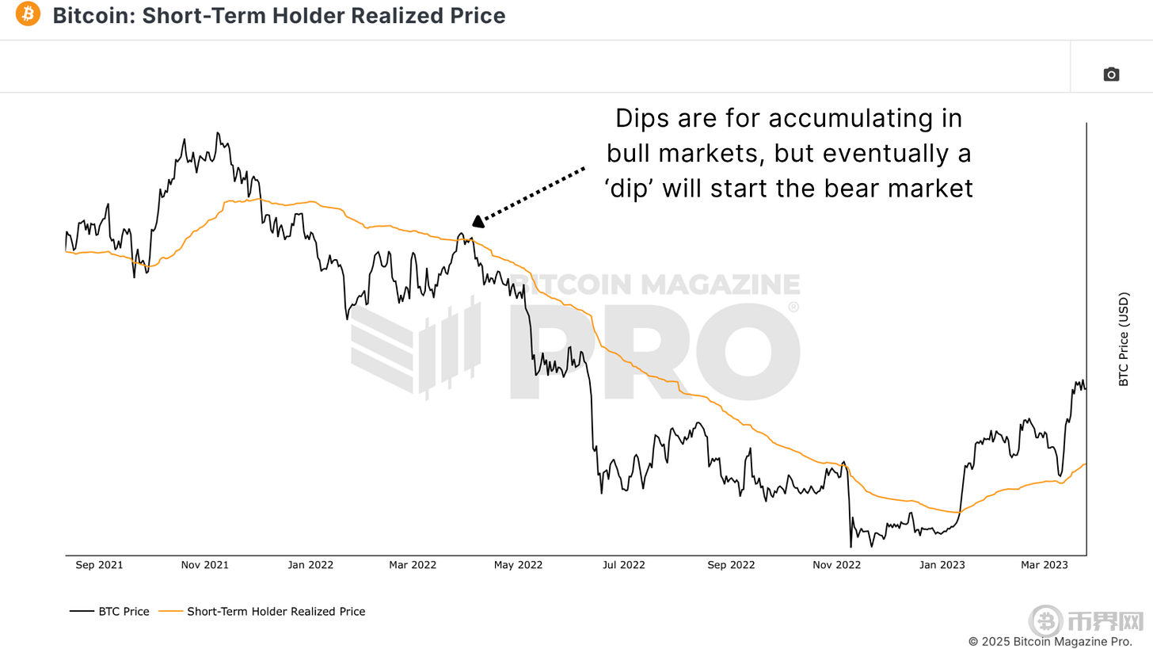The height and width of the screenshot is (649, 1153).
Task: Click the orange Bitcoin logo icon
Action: (28, 14)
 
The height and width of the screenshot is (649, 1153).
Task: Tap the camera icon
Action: (1111, 74)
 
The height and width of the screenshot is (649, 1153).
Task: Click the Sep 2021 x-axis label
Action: (99, 565)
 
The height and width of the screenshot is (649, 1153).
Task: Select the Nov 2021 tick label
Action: (204, 565)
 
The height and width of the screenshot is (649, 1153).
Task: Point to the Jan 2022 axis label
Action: (310, 565)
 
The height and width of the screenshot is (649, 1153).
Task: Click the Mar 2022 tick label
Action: (413, 565)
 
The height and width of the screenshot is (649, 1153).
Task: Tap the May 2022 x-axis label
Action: (519, 565)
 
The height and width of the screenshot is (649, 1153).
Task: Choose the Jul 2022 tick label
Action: (624, 565)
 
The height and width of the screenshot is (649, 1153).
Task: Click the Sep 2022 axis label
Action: (731, 565)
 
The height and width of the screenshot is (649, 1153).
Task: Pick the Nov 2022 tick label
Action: (836, 565)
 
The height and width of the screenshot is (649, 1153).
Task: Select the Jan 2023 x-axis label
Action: (942, 565)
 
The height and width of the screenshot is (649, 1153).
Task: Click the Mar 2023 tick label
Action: (1044, 565)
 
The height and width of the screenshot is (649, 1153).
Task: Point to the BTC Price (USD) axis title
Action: (1124, 340)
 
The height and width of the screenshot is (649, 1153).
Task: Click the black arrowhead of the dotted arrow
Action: (478, 221)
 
